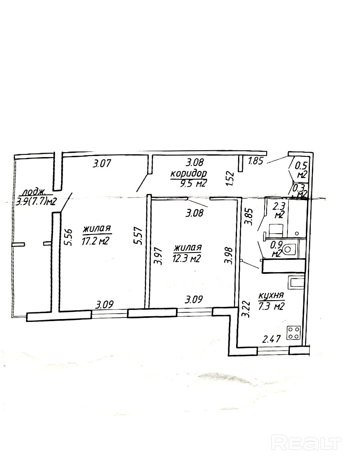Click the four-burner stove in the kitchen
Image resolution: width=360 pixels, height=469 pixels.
pos(295,332)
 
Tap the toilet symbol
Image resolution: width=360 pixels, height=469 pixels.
pos(288,250)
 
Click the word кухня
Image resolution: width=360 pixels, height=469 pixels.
pos(271,296)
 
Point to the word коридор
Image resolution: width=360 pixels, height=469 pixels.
pos(189,174)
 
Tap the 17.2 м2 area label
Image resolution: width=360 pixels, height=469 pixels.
pos(97,241)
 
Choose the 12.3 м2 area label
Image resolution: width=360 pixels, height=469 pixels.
pos(187,259)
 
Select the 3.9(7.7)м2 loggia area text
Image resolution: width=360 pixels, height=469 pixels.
pos(35,201)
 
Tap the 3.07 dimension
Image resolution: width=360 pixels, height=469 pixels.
pos(101,164)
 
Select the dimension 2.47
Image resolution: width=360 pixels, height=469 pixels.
pos(271,340)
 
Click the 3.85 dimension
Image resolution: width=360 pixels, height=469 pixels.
pos(248,216)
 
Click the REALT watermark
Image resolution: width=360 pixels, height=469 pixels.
pos(306,443)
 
